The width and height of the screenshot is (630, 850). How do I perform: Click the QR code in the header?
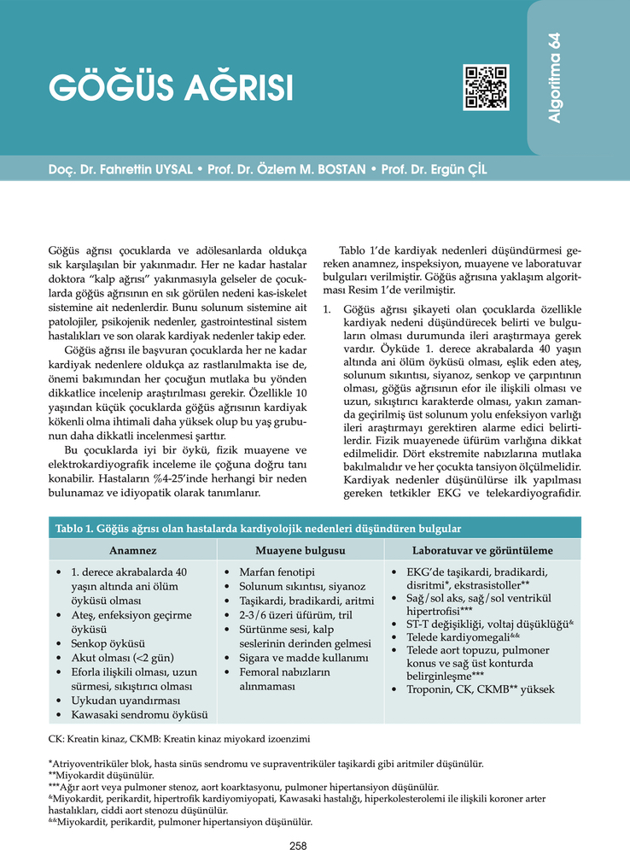click(x=486, y=86)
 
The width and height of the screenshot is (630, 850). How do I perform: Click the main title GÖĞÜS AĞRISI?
click(x=171, y=89)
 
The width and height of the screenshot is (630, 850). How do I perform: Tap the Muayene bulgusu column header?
click(x=300, y=550)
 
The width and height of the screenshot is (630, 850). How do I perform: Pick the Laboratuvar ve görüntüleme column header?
click(x=482, y=550)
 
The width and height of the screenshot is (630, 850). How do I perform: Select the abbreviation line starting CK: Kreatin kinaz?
click(x=179, y=736)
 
